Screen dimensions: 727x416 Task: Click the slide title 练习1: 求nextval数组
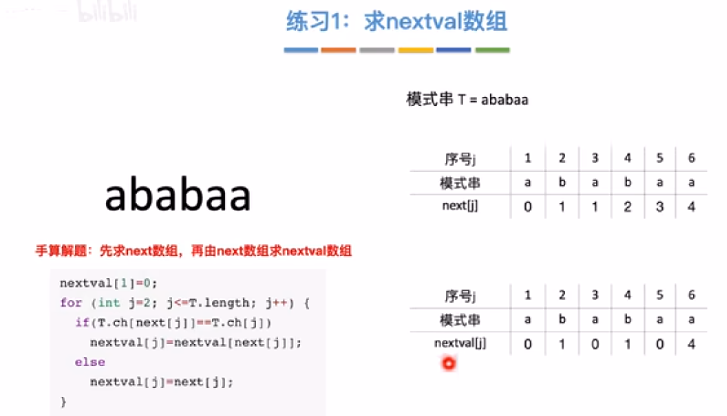(396, 22)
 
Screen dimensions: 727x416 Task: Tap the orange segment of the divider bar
(338, 50)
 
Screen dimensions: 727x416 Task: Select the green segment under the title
(492, 50)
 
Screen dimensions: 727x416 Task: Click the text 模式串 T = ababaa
(467, 100)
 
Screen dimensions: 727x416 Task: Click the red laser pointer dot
(449, 363)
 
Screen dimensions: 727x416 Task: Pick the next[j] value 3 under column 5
(659, 206)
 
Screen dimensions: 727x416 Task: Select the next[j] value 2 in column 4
(627, 206)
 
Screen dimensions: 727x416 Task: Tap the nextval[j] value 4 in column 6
(691, 344)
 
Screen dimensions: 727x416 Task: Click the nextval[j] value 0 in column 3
(595, 344)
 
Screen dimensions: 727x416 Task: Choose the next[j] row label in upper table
(460, 206)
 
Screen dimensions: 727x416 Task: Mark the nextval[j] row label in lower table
(460, 343)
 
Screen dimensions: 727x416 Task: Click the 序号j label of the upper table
(460, 159)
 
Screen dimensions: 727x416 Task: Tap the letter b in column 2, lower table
(562, 319)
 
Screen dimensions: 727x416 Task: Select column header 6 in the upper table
(691, 158)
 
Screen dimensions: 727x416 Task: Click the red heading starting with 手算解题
(193, 251)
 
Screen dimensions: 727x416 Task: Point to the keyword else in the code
(90, 362)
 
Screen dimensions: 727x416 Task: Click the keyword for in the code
(71, 303)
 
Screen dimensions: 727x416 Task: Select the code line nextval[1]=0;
(109, 283)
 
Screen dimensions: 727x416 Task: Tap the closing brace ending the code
(63, 402)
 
